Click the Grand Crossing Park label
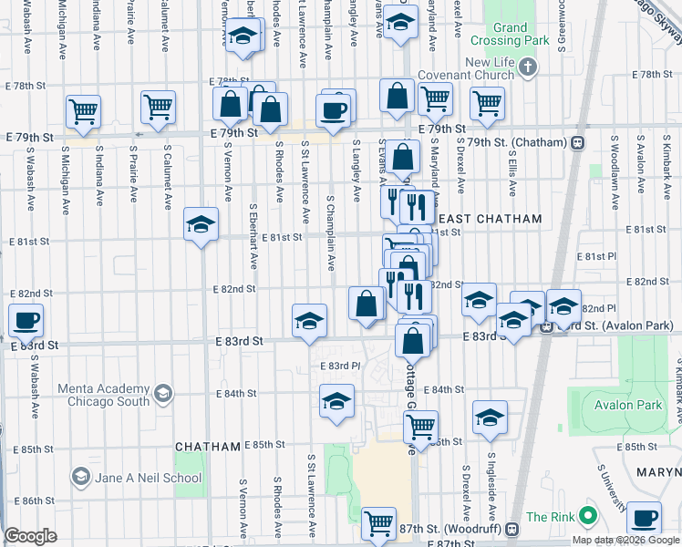(511, 35)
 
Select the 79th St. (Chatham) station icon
(577, 143)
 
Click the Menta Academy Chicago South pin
(163, 394)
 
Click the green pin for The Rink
(587, 517)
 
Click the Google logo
(31, 536)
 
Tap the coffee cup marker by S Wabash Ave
(26, 320)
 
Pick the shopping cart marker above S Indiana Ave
(83, 111)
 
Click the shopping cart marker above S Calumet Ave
(158, 107)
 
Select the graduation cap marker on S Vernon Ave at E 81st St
(201, 224)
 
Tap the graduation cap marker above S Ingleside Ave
(490, 416)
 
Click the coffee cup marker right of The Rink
(644, 517)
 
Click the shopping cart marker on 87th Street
(378, 522)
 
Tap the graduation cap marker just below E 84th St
(336, 400)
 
